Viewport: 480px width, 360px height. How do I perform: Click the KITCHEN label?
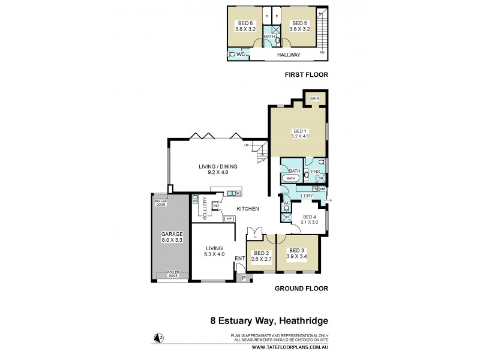coord(247,209)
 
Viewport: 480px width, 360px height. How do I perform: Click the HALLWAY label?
coord(289,55)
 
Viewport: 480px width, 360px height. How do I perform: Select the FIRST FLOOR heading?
coord(307,75)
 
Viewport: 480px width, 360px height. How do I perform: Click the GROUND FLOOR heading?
coord(301,289)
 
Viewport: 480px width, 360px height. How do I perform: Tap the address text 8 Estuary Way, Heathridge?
coord(269,320)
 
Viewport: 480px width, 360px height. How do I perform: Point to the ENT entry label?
coord(239,259)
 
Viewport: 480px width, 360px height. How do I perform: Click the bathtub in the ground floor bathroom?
coord(291,178)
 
